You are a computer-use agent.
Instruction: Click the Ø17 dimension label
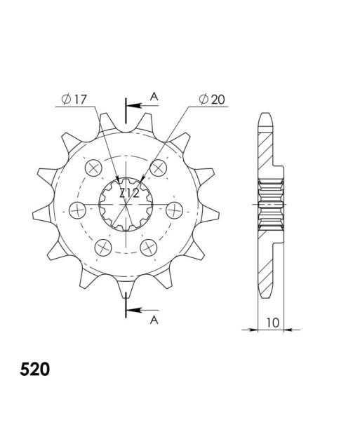tap(74, 100)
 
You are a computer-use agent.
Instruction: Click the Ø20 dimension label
tap(212, 100)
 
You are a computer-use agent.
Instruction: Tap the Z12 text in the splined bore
tap(129, 194)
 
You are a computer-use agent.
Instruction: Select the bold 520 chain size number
tap(35, 370)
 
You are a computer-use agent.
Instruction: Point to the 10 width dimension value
tap(273, 323)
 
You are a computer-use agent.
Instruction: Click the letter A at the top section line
tap(154, 96)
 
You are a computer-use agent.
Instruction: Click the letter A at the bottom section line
tap(154, 320)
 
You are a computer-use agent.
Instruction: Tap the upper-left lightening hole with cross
tap(93, 168)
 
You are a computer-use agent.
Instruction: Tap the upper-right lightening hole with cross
tap(159, 168)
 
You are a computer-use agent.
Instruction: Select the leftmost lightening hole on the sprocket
tap(78, 210)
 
